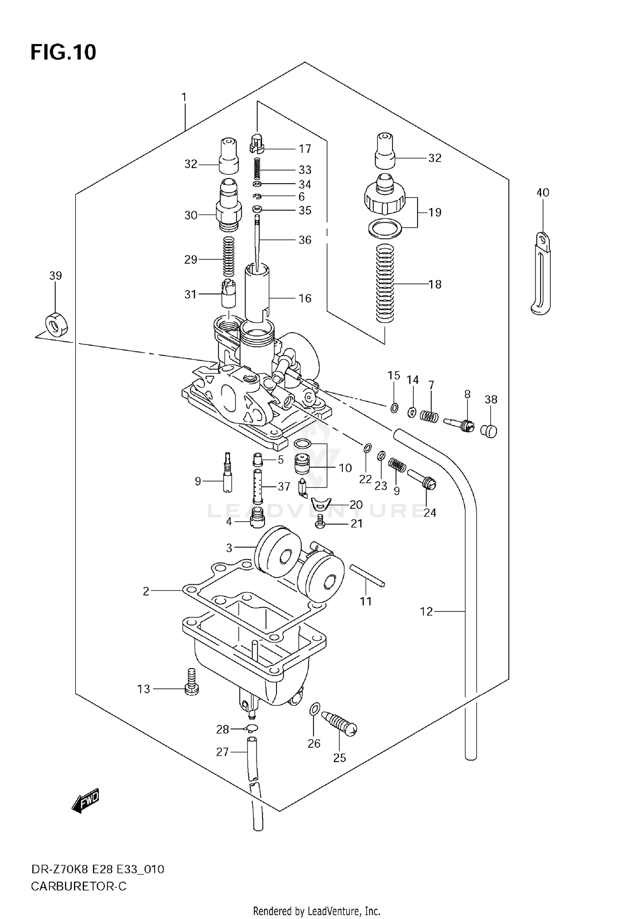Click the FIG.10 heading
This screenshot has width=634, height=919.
point(63,52)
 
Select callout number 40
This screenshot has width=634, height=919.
point(543,193)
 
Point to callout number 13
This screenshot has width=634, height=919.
point(144,689)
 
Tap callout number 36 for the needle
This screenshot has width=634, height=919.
point(305,240)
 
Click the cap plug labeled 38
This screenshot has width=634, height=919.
point(490,431)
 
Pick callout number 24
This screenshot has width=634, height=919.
point(429,512)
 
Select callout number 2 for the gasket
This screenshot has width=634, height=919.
point(146,591)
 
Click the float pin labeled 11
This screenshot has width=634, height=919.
point(367,576)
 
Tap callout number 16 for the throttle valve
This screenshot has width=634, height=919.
point(305,298)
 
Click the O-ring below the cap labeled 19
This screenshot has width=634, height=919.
point(385,228)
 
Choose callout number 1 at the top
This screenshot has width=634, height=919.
point(184,98)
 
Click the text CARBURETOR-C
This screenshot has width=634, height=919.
point(79,886)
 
